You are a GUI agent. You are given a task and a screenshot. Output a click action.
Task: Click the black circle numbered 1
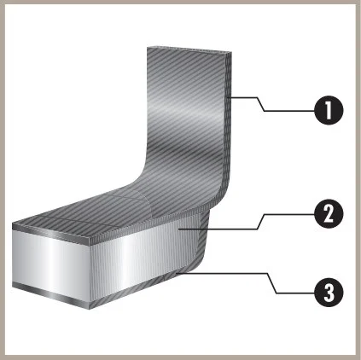329,110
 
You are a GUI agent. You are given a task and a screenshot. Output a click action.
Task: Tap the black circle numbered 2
329,213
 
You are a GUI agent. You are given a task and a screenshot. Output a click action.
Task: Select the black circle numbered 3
329,292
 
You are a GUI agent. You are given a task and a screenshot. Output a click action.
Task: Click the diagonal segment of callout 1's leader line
261,104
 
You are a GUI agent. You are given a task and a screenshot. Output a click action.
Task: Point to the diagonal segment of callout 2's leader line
261,222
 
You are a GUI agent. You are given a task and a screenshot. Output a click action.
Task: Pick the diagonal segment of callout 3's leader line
272,283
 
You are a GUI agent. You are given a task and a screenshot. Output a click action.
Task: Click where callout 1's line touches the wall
230,98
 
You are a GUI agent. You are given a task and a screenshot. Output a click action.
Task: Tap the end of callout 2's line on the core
178,229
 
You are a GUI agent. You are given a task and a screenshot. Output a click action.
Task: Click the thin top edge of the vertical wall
189,49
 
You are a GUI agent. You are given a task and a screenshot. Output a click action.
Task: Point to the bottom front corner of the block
90,310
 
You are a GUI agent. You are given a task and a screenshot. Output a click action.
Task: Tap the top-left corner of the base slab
13,223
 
